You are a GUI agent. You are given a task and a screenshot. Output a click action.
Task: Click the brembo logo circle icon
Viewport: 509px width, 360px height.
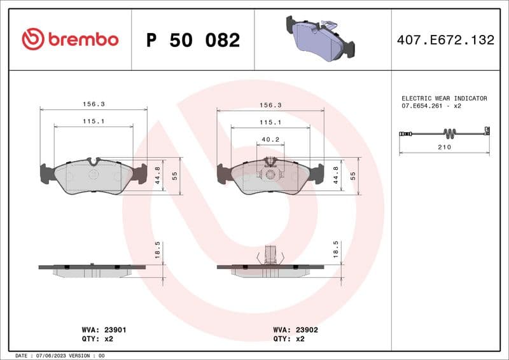[x=33, y=39]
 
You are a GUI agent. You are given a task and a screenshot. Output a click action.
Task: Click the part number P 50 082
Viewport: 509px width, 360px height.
[x=193, y=40]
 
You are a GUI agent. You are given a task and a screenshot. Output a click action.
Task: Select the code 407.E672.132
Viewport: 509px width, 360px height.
[x=445, y=40]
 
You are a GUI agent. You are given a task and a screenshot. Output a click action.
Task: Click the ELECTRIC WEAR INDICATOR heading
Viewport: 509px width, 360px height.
[x=444, y=99]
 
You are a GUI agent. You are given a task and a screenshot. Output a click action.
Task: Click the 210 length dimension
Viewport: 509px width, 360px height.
[x=444, y=147]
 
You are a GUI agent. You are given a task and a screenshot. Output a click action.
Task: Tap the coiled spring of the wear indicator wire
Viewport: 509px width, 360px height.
[x=449, y=134]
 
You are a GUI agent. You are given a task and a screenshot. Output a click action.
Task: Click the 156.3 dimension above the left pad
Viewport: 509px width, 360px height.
[x=94, y=104]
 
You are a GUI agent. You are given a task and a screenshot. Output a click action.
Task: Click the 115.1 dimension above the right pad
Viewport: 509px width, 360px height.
[x=270, y=122]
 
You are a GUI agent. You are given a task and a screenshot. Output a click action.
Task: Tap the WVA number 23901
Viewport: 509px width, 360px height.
[x=114, y=330]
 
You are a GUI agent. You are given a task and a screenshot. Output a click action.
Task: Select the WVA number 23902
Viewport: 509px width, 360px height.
[x=306, y=330]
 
